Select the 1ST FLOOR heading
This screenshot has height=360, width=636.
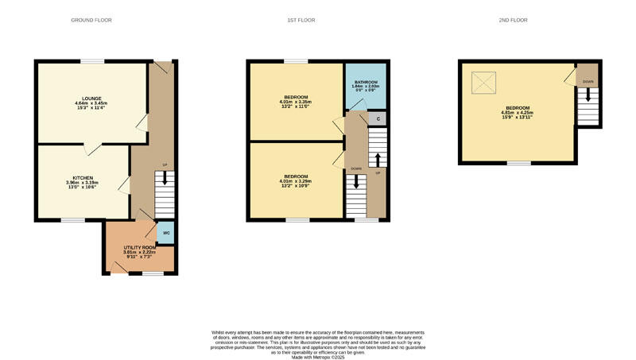(301, 20)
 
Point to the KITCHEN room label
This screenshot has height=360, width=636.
(83, 177)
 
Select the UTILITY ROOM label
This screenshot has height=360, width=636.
(139, 248)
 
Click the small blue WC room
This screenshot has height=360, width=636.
(167, 234)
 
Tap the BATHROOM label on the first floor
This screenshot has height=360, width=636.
(366, 82)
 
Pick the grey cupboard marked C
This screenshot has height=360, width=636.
(378, 119)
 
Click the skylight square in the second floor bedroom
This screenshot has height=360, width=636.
(483, 83)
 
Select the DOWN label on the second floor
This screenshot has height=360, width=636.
(588, 82)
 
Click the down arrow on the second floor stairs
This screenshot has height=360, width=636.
(588, 95)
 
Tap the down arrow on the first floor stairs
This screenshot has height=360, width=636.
(355, 180)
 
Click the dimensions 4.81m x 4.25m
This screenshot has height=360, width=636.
(517, 112)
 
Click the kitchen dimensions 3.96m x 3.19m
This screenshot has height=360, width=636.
(83, 182)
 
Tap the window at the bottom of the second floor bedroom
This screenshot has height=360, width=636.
(518, 163)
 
